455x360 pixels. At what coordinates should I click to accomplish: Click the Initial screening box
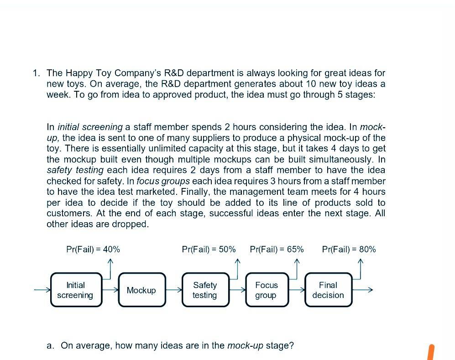click(x=75, y=290)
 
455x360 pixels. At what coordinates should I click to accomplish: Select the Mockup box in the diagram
click(x=141, y=290)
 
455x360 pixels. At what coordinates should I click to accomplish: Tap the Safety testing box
click(x=204, y=290)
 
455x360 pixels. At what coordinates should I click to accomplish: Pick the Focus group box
click(x=266, y=290)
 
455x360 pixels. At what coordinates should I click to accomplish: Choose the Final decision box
click(x=328, y=290)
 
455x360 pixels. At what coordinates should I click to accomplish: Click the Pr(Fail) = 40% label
click(x=93, y=249)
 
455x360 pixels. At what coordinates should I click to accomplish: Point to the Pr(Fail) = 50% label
click(x=209, y=249)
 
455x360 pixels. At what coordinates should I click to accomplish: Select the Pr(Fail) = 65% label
click(x=277, y=249)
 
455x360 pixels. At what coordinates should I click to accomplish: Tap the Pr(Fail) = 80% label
click(x=349, y=249)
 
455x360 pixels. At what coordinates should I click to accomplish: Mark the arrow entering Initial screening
click(x=42, y=290)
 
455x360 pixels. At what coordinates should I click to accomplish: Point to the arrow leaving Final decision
click(x=363, y=290)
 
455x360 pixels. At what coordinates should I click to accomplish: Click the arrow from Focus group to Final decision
click(x=297, y=290)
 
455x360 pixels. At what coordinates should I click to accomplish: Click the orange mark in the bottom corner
click(x=429, y=352)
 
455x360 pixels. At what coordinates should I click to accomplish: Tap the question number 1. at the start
click(x=37, y=73)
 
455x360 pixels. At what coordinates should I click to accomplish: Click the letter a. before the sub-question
click(x=51, y=345)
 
